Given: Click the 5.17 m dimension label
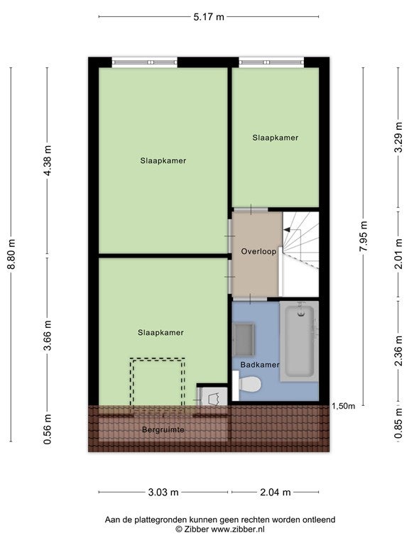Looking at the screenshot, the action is pyautogui.click(x=209, y=17).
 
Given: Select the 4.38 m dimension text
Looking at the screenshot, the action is pyautogui.click(x=48, y=160).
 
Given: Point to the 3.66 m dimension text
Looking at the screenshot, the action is pyautogui.click(x=48, y=335).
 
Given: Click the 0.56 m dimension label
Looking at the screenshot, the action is pyautogui.click(x=48, y=429).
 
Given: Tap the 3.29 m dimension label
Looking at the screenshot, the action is pyautogui.click(x=398, y=137).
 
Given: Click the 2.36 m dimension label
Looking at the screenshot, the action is pyautogui.click(x=398, y=351).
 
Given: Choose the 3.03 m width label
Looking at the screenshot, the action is pyautogui.click(x=163, y=492).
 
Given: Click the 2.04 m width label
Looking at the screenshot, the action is pyautogui.click(x=275, y=492).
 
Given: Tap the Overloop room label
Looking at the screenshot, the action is pyautogui.click(x=258, y=251).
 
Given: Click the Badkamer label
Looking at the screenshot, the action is pyautogui.click(x=260, y=365).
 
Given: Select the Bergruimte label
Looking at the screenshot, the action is pyautogui.click(x=163, y=430).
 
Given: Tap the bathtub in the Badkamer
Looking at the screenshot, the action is pyautogui.click(x=300, y=341).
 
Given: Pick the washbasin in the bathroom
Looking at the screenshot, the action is pyautogui.click(x=244, y=340).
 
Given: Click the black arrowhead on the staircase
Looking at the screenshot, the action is pyautogui.click(x=288, y=229).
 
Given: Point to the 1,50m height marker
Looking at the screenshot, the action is pyautogui.click(x=344, y=406).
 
